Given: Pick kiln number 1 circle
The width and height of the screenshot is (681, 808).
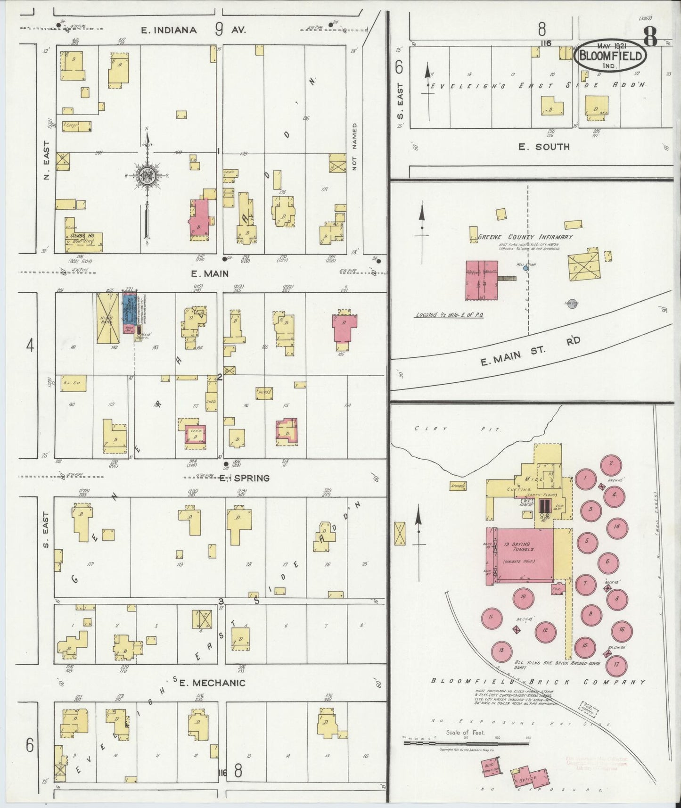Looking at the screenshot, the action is [586, 479].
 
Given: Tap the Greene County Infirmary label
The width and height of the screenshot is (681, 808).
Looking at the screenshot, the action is [525, 237].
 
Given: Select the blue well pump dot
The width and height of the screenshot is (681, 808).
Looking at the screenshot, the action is [525, 268].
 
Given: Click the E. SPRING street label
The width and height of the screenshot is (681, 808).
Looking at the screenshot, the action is [245, 478].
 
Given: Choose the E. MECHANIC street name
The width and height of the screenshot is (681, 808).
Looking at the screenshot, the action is [212, 683].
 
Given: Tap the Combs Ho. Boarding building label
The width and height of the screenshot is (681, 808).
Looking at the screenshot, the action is [86, 238].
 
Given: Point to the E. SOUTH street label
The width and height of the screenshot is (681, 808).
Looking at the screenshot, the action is [544, 147].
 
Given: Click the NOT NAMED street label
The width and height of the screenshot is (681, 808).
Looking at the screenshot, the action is [355, 147].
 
